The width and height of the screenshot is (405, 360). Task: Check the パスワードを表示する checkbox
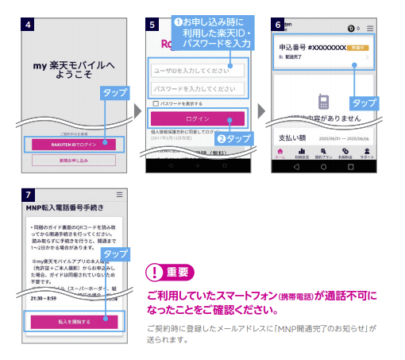pos(156,103)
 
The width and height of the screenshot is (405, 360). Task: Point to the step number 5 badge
pos(152,23)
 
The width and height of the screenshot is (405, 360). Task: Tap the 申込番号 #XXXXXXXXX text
pos(311,48)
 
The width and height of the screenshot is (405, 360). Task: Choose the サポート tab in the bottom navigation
pos(367,153)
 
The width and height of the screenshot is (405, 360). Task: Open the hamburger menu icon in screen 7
pos(119,195)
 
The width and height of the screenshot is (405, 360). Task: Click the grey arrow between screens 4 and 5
pos(134,105)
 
